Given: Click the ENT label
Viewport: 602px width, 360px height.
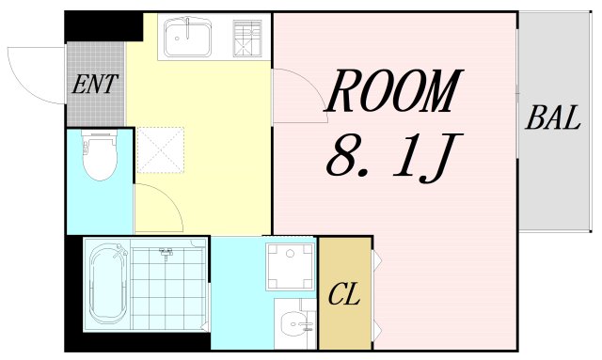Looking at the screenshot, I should [95, 85].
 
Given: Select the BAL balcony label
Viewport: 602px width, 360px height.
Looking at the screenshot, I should [554, 119].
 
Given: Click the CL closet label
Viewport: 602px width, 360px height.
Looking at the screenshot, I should [344, 295].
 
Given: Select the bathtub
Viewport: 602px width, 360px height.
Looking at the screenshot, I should [104, 285].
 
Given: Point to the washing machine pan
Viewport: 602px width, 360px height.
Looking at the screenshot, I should [290, 267].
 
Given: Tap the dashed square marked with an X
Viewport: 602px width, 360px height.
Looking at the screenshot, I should [157, 150].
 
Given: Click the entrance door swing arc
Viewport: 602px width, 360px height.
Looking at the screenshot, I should [34, 70].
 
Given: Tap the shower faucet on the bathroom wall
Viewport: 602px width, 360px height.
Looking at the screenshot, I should [166, 252].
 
